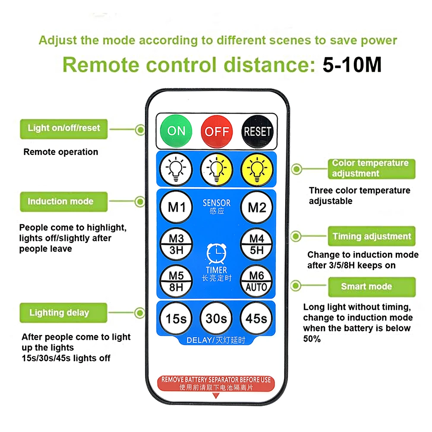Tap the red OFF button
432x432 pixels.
[x=217, y=131]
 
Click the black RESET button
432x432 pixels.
[x=257, y=131]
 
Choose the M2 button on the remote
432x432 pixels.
[x=257, y=207]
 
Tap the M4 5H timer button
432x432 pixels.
[x=257, y=244]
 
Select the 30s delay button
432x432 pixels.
[x=216, y=318]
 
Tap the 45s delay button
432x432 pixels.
[x=257, y=318]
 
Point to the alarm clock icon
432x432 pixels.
[x=216, y=253]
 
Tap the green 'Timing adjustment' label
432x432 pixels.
[x=371, y=236]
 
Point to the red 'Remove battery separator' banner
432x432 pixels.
[x=216, y=383]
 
